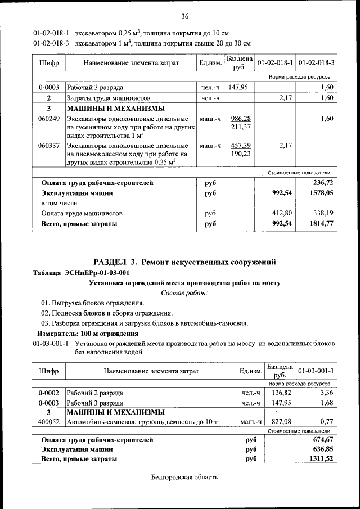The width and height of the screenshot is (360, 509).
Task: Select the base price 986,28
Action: pos(240,119)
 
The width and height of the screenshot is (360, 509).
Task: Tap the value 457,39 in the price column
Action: pos(240,146)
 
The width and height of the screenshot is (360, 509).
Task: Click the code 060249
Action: pos(49,119)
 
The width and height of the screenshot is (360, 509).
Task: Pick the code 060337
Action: pos(49,146)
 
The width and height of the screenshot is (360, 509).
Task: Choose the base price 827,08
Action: pos(278,421)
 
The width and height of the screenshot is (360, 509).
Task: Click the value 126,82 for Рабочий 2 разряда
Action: pos(278,393)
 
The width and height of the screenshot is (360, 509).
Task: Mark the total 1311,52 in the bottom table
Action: pos(321,459)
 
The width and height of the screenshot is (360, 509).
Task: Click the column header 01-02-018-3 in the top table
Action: pos(316,62)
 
